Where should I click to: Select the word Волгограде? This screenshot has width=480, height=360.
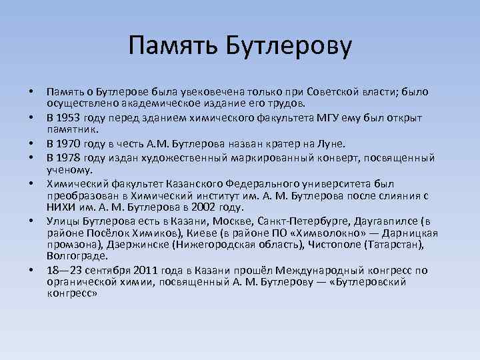point(75,256)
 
